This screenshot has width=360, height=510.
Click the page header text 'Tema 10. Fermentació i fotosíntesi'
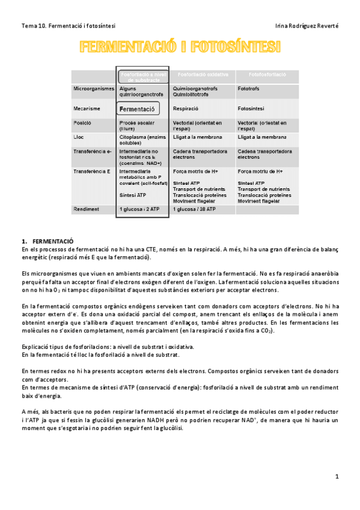(69, 26)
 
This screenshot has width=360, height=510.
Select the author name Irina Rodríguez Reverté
(306, 26)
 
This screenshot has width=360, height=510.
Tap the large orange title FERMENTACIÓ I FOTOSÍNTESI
(180, 47)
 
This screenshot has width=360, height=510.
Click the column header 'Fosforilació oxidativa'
(201, 74)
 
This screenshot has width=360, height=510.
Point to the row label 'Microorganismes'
(93, 88)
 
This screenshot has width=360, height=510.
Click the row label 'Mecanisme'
(87, 109)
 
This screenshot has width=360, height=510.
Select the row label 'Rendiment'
(87, 209)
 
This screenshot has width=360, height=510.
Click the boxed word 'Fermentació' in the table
(138, 109)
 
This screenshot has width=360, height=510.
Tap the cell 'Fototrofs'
(249, 88)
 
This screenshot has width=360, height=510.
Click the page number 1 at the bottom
(337, 476)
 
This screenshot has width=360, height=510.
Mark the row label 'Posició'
(82, 123)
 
